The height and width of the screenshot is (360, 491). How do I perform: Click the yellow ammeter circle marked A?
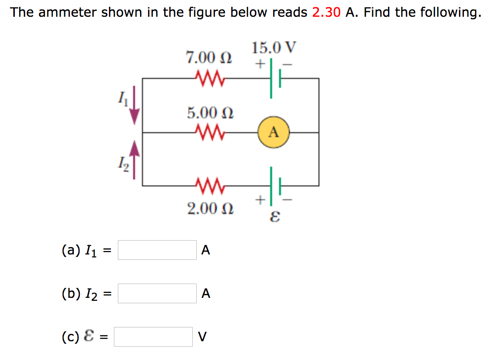tap(274, 132)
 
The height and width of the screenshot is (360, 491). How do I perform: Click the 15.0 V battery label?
tap(274, 48)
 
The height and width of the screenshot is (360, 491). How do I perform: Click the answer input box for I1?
tap(157, 250)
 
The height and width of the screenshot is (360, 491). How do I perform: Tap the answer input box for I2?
tap(157, 293)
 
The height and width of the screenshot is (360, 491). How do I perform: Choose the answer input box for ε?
tap(153, 337)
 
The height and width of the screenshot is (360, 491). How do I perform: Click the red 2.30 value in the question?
tap(326, 12)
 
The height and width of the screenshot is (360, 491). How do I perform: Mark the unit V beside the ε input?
tap(202, 337)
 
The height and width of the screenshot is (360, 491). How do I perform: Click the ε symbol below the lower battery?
tap(275, 216)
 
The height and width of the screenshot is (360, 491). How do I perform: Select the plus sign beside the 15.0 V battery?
tap(260, 64)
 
